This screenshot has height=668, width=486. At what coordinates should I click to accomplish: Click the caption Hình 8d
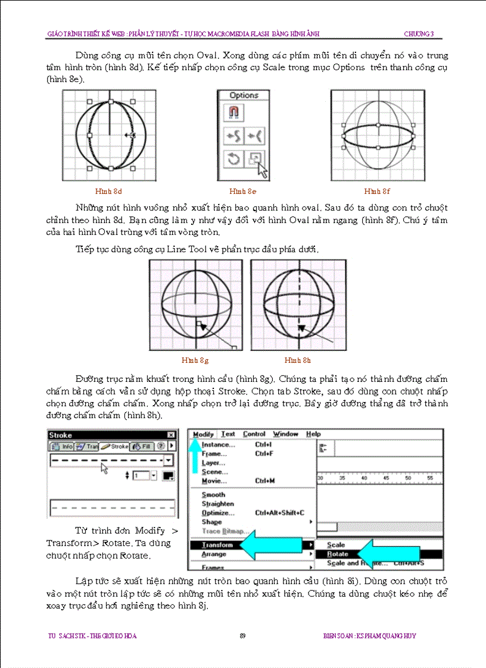coord(108,192)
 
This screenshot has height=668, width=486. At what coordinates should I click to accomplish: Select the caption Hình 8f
coord(377,192)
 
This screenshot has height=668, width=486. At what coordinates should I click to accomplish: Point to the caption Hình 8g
coord(195,360)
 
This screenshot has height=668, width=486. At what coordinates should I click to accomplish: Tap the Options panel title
coord(244,95)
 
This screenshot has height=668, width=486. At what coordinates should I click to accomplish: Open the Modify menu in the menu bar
coord(203,434)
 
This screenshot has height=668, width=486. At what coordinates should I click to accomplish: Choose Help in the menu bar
coord(313,434)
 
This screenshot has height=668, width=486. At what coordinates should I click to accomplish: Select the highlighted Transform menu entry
coord(217,545)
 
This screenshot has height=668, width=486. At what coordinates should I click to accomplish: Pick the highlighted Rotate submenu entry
coord(338,554)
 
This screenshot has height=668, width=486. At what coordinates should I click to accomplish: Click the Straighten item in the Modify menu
coord(217,504)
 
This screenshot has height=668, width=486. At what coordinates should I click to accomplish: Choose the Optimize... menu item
coord(218,513)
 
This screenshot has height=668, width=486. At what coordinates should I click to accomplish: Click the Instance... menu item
coord(218,444)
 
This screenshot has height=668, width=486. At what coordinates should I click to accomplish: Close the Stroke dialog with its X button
coord(172,435)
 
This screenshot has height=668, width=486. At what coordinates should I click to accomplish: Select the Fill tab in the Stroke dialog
coord(142,446)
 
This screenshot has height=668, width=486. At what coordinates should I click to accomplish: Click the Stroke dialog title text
coord(60,435)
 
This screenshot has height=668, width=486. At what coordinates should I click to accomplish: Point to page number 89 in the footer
coord(243,636)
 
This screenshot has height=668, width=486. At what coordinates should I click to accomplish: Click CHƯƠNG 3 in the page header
coord(418,34)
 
